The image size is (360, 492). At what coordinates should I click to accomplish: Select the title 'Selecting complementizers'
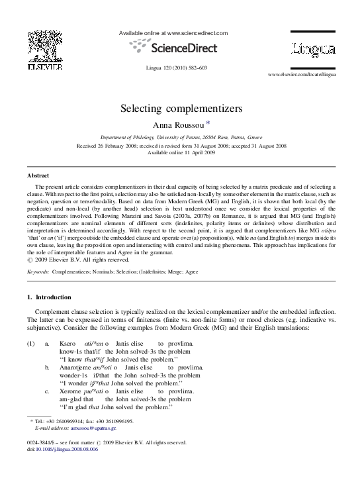point(180,107)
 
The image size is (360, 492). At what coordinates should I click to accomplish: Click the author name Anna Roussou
point(175,124)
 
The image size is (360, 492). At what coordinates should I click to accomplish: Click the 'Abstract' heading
point(38,175)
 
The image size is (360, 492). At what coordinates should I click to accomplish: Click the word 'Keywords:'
point(39,271)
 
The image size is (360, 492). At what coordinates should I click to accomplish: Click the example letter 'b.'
point(47,366)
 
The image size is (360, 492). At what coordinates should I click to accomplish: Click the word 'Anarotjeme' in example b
point(75,366)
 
